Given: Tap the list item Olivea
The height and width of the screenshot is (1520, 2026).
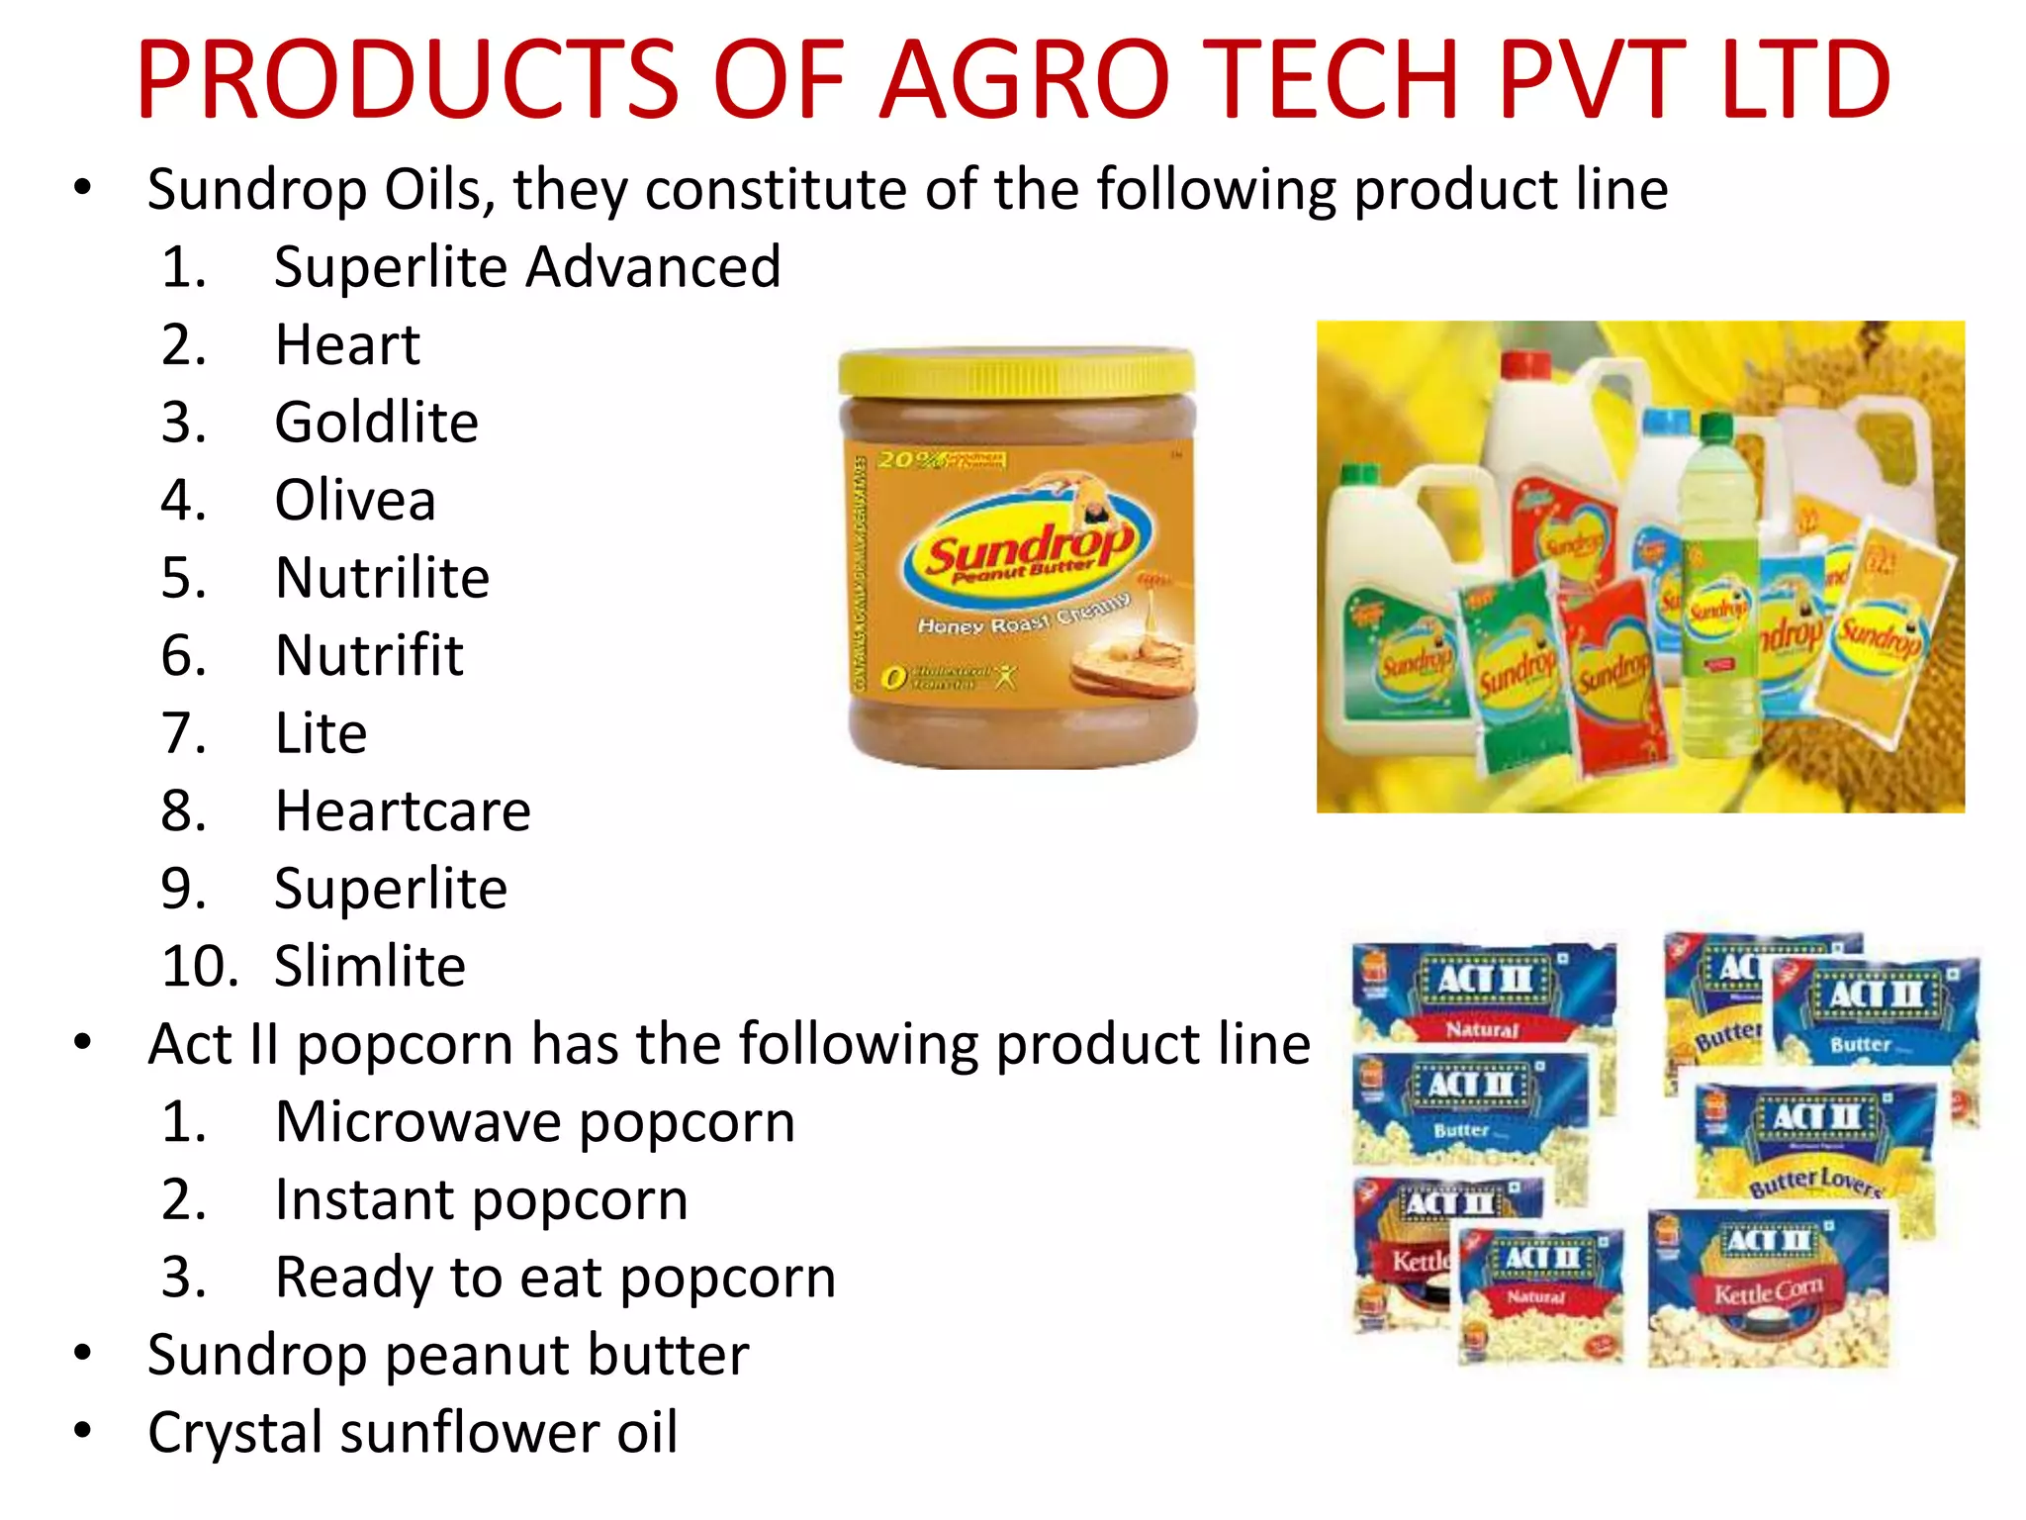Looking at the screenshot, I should point(355,500).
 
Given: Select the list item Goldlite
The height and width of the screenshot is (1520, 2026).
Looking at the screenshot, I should point(376,423).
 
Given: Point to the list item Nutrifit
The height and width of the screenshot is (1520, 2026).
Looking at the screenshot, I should point(369,655).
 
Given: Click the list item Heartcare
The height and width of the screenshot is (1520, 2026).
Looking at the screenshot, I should point(403,811).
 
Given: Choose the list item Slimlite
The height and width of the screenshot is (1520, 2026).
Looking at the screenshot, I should point(370,967).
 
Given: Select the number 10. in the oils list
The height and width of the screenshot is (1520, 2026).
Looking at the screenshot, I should point(199,967).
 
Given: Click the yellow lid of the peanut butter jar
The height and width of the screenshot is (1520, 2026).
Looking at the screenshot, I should point(1017,372).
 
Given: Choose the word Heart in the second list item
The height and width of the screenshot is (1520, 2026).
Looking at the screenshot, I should point(347,345).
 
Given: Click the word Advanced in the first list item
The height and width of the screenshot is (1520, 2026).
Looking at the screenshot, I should point(653,267).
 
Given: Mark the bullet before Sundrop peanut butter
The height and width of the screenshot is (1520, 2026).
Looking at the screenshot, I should point(83,1353).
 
